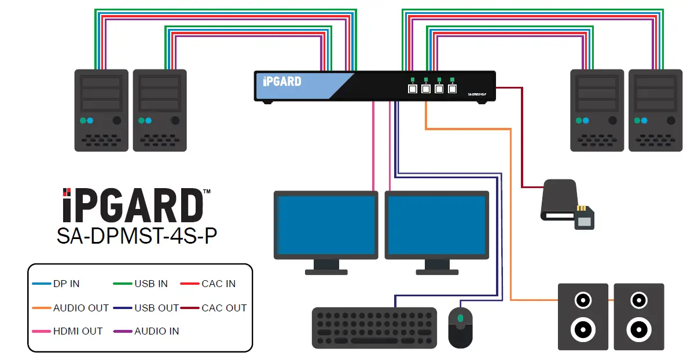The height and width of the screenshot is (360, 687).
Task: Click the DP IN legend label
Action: (x=66, y=284)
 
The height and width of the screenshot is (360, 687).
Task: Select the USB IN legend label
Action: (x=151, y=284)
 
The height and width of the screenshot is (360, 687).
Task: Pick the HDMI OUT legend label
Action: (x=78, y=331)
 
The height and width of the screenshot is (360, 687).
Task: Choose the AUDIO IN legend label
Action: (x=156, y=331)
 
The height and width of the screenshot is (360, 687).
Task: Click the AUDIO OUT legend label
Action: (x=80, y=308)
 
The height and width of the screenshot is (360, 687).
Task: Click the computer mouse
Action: (x=461, y=327)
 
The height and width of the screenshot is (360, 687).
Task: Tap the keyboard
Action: (x=374, y=328)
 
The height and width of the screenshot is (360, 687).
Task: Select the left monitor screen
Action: (x=325, y=222)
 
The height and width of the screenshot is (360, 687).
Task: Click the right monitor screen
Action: (x=436, y=222)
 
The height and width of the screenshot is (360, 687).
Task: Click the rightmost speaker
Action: (x=638, y=317)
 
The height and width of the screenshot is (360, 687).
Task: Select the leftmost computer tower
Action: (x=101, y=110)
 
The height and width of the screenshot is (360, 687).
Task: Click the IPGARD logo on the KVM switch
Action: (x=282, y=82)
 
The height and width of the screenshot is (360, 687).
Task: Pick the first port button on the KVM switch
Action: (x=412, y=89)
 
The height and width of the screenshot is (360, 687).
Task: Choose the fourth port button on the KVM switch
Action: (x=452, y=89)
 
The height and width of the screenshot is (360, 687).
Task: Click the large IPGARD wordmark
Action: (x=133, y=205)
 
